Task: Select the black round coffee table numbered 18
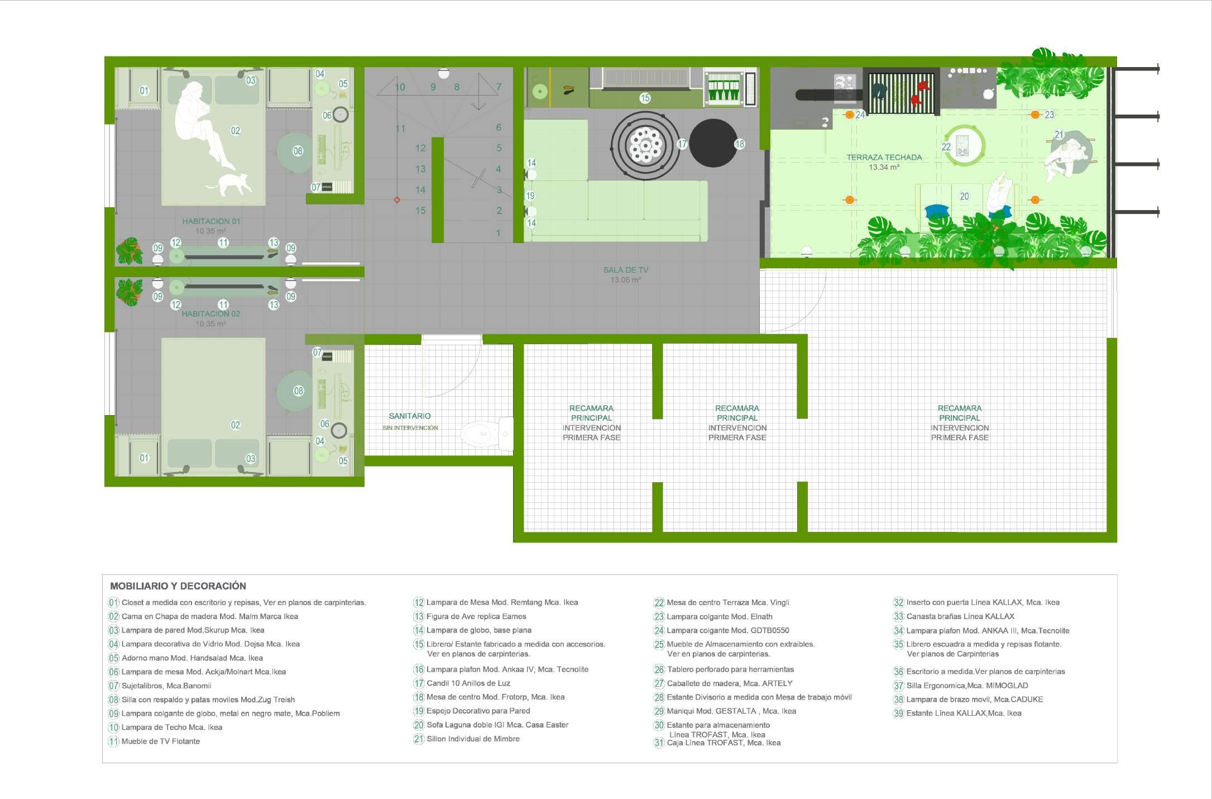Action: (713, 143)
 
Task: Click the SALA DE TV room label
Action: (625, 270)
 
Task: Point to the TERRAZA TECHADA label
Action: (884, 158)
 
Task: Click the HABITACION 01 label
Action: (211, 221)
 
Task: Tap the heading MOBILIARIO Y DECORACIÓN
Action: (178, 586)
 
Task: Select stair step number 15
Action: (420, 211)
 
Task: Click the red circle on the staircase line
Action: (397, 199)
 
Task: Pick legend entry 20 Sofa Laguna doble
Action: (497, 725)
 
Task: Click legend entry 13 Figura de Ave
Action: (476, 616)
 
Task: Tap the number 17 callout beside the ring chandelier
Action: (682, 144)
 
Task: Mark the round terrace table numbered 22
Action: (964, 145)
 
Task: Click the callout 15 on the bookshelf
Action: (645, 98)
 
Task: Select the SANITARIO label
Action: (410, 416)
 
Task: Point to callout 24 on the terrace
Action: (860, 115)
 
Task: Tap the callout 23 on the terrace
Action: (1050, 115)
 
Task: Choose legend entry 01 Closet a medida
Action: (243, 602)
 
